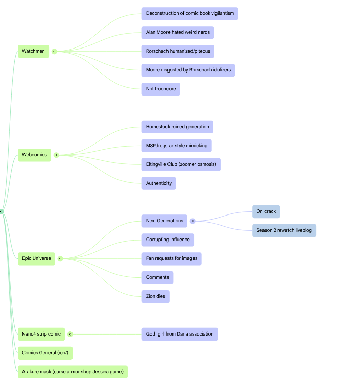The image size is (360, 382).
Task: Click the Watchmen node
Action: click(x=33, y=51)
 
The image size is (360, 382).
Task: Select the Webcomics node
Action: click(x=34, y=155)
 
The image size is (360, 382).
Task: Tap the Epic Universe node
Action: click(x=36, y=258)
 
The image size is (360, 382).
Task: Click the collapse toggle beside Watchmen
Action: click(x=54, y=52)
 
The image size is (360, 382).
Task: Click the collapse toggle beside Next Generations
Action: click(x=193, y=221)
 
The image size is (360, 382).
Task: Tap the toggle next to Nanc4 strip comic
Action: click(x=70, y=334)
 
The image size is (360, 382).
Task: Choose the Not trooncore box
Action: click(x=161, y=89)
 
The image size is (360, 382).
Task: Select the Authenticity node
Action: click(x=159, y=183)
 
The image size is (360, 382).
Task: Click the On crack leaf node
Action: click(x=266, y=211)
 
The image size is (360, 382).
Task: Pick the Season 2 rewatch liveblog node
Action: click(x=284, y=230)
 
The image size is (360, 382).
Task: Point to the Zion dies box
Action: click(x=155, y=296)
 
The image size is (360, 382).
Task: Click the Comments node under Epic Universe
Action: click(x=157, y=277)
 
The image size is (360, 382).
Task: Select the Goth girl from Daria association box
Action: click(x=180, y=334)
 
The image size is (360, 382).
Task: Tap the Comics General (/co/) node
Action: click(x=45, y=353)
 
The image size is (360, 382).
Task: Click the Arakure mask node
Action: click(x=73, y=372)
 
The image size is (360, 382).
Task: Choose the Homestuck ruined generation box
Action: click(x=178, y=127)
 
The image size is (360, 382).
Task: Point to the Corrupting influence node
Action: click(x=168, y=240)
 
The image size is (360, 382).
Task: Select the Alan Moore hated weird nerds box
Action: click(x=178, y=32)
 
